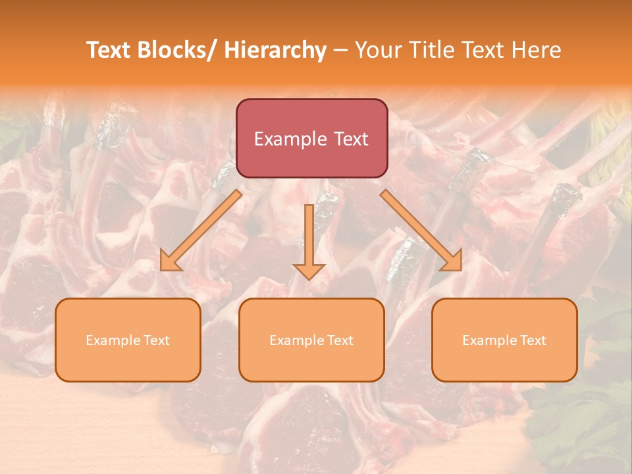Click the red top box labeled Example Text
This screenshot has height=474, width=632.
(311, 138)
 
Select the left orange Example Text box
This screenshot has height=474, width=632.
(128, 340)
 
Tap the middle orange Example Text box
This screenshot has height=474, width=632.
(311, 340)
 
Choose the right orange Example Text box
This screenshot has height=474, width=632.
(504, 340)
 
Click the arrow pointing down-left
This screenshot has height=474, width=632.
(201, 230)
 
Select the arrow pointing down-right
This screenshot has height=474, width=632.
(421, 230)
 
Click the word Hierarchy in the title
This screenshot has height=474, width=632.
(275, 50)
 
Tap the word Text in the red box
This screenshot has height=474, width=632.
(350, 139)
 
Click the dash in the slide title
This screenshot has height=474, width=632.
(340, 51)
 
